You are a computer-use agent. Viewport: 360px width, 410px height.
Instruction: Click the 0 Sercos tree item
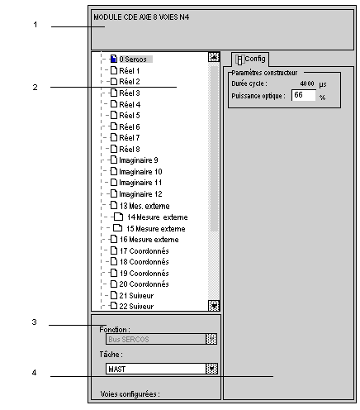131,59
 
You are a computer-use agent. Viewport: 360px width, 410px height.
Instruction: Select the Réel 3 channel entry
126,93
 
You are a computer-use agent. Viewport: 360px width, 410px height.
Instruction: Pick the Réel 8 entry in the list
126,149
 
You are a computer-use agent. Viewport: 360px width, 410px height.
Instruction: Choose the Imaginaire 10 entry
136,172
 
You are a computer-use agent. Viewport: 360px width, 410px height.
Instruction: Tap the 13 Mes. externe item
140,206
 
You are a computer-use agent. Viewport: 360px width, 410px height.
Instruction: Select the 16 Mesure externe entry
144,240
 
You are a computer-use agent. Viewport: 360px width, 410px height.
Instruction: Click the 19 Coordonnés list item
140,273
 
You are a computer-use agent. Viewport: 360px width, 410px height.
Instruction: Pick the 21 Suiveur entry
132,295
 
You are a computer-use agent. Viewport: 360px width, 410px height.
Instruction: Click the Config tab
250,60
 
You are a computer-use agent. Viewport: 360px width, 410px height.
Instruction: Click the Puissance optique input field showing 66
304,95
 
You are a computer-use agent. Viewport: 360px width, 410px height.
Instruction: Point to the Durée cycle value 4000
307,83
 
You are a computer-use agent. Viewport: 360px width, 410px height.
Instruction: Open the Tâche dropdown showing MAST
162,369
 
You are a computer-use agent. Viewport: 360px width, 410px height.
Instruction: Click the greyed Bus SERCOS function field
161,339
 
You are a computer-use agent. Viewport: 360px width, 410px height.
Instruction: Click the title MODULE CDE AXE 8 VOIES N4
141,17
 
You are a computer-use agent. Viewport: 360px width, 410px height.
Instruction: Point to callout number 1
36,25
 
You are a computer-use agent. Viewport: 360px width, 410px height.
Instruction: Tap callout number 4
34,373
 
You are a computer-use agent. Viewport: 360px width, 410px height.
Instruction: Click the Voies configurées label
130,394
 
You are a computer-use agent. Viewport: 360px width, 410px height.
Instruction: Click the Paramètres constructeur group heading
264,73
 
